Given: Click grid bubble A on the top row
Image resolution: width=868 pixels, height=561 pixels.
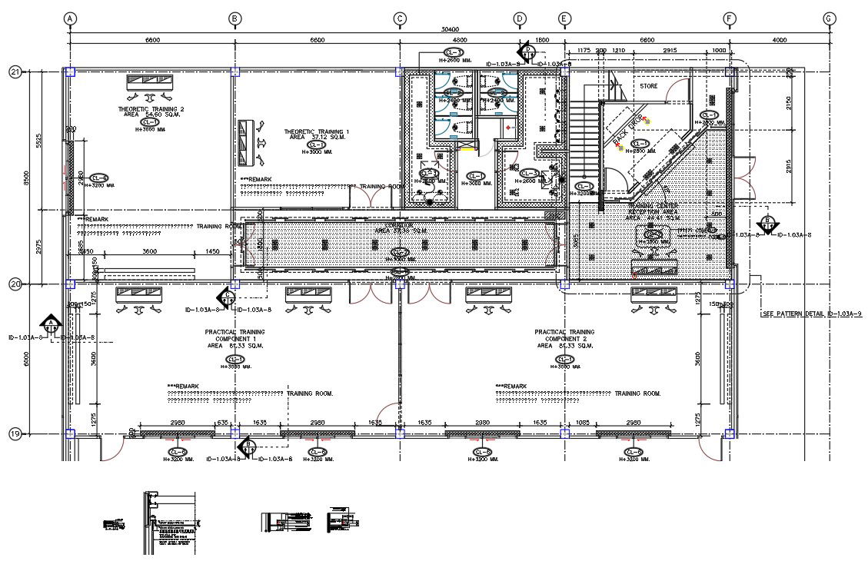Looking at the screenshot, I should tap(70, 18).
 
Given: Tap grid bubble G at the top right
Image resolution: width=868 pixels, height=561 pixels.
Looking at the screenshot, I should tap(828, 18).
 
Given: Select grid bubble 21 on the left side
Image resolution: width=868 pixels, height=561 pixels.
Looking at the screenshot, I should tap(15, 72).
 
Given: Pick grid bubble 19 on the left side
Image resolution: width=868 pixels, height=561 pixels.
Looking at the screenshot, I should tap(15, 434).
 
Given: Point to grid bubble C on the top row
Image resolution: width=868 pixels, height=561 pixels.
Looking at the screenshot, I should tap(400, 18).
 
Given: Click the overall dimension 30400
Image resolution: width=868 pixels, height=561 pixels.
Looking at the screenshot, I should tap(450, 29).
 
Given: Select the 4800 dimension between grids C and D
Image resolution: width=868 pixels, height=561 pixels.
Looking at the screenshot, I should tap(459, 40).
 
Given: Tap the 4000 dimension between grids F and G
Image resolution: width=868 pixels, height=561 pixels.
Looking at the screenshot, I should tap(779, 40).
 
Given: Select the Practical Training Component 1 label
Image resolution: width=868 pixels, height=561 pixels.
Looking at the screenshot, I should tap(234, 338).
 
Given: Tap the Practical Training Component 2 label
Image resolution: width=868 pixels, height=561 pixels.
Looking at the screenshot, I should tap(564, 338).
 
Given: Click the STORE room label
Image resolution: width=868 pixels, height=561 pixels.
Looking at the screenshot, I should tap(649, 87).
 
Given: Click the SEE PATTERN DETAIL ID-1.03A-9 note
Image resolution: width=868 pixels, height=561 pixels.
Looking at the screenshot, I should tap(810, 314).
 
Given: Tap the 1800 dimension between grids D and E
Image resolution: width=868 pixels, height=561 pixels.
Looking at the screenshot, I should tap(541, 40).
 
